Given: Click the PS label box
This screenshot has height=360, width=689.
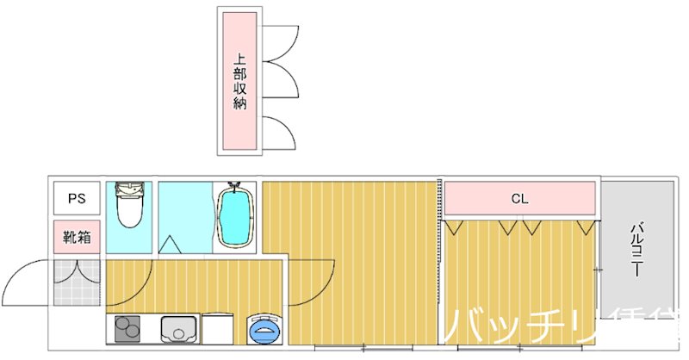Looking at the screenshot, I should [78, 198].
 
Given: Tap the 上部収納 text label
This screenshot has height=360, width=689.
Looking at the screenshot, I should [240, 83].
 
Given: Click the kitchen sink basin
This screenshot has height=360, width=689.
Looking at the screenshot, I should [179, 329].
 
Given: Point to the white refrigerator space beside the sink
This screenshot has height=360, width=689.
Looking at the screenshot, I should [217, 329].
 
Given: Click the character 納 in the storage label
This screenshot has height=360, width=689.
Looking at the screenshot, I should [240, 104].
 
